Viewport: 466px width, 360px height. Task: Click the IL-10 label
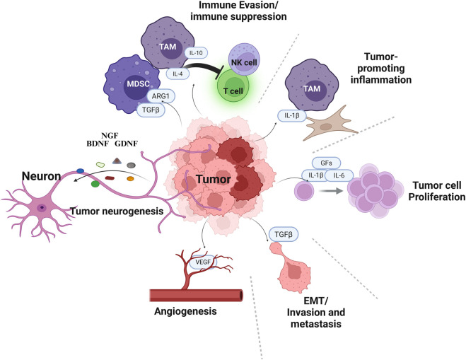[196, 53]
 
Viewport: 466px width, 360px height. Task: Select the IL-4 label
[177, 74]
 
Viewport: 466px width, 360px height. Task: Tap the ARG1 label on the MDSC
[161, 96]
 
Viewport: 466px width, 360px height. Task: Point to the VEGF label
[203, 262]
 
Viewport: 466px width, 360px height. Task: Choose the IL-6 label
[339, 175]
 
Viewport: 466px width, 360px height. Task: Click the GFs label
[326, 163]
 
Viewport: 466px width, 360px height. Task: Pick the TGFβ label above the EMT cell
[284, 235]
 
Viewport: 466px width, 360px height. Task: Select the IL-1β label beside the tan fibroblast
[292, 116]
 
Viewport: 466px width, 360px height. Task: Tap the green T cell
[233, 86]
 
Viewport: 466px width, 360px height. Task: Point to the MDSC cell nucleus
[136, 85]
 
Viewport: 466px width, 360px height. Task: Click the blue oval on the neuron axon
[80, 171]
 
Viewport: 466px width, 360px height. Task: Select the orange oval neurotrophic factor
[130, 179]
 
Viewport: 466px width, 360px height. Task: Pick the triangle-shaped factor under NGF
[117, 161]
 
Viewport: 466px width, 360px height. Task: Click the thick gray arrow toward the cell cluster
[330, 190]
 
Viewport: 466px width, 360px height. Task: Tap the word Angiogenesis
[185, 311]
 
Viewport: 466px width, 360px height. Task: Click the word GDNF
[127, 144]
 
